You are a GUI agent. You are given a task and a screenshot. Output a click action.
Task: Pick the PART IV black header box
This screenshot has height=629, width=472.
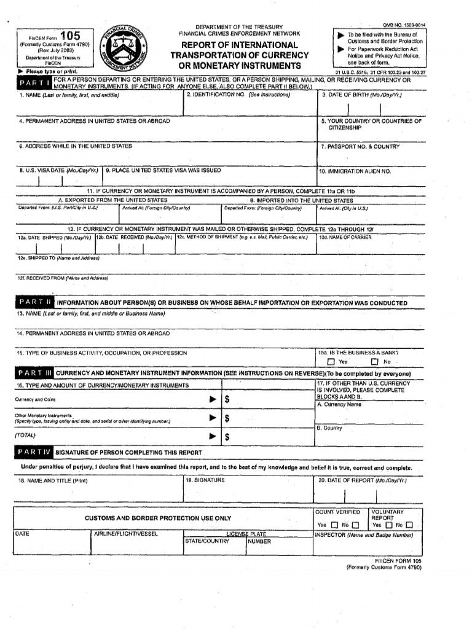34,452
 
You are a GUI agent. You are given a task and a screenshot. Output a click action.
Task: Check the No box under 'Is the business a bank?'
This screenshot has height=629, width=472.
374,362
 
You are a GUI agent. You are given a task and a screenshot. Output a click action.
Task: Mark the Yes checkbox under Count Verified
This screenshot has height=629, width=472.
334,525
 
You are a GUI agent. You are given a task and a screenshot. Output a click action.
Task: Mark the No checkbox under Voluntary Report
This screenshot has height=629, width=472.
409,525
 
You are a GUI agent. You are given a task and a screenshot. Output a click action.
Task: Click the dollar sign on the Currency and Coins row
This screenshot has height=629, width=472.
227,399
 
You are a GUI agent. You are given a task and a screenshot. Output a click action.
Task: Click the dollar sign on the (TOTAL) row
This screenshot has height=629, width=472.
227,437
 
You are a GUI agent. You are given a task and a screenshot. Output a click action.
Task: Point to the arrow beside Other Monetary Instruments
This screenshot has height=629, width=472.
213,418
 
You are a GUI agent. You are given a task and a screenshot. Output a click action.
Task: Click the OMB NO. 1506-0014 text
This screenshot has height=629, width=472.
404,25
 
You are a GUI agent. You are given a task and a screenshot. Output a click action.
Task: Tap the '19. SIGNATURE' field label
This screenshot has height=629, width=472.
206,480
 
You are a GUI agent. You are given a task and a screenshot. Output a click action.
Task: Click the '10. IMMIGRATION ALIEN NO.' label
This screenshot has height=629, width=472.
355,171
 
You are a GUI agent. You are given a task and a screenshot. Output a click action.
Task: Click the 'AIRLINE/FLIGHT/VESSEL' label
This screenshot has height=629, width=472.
125,534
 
